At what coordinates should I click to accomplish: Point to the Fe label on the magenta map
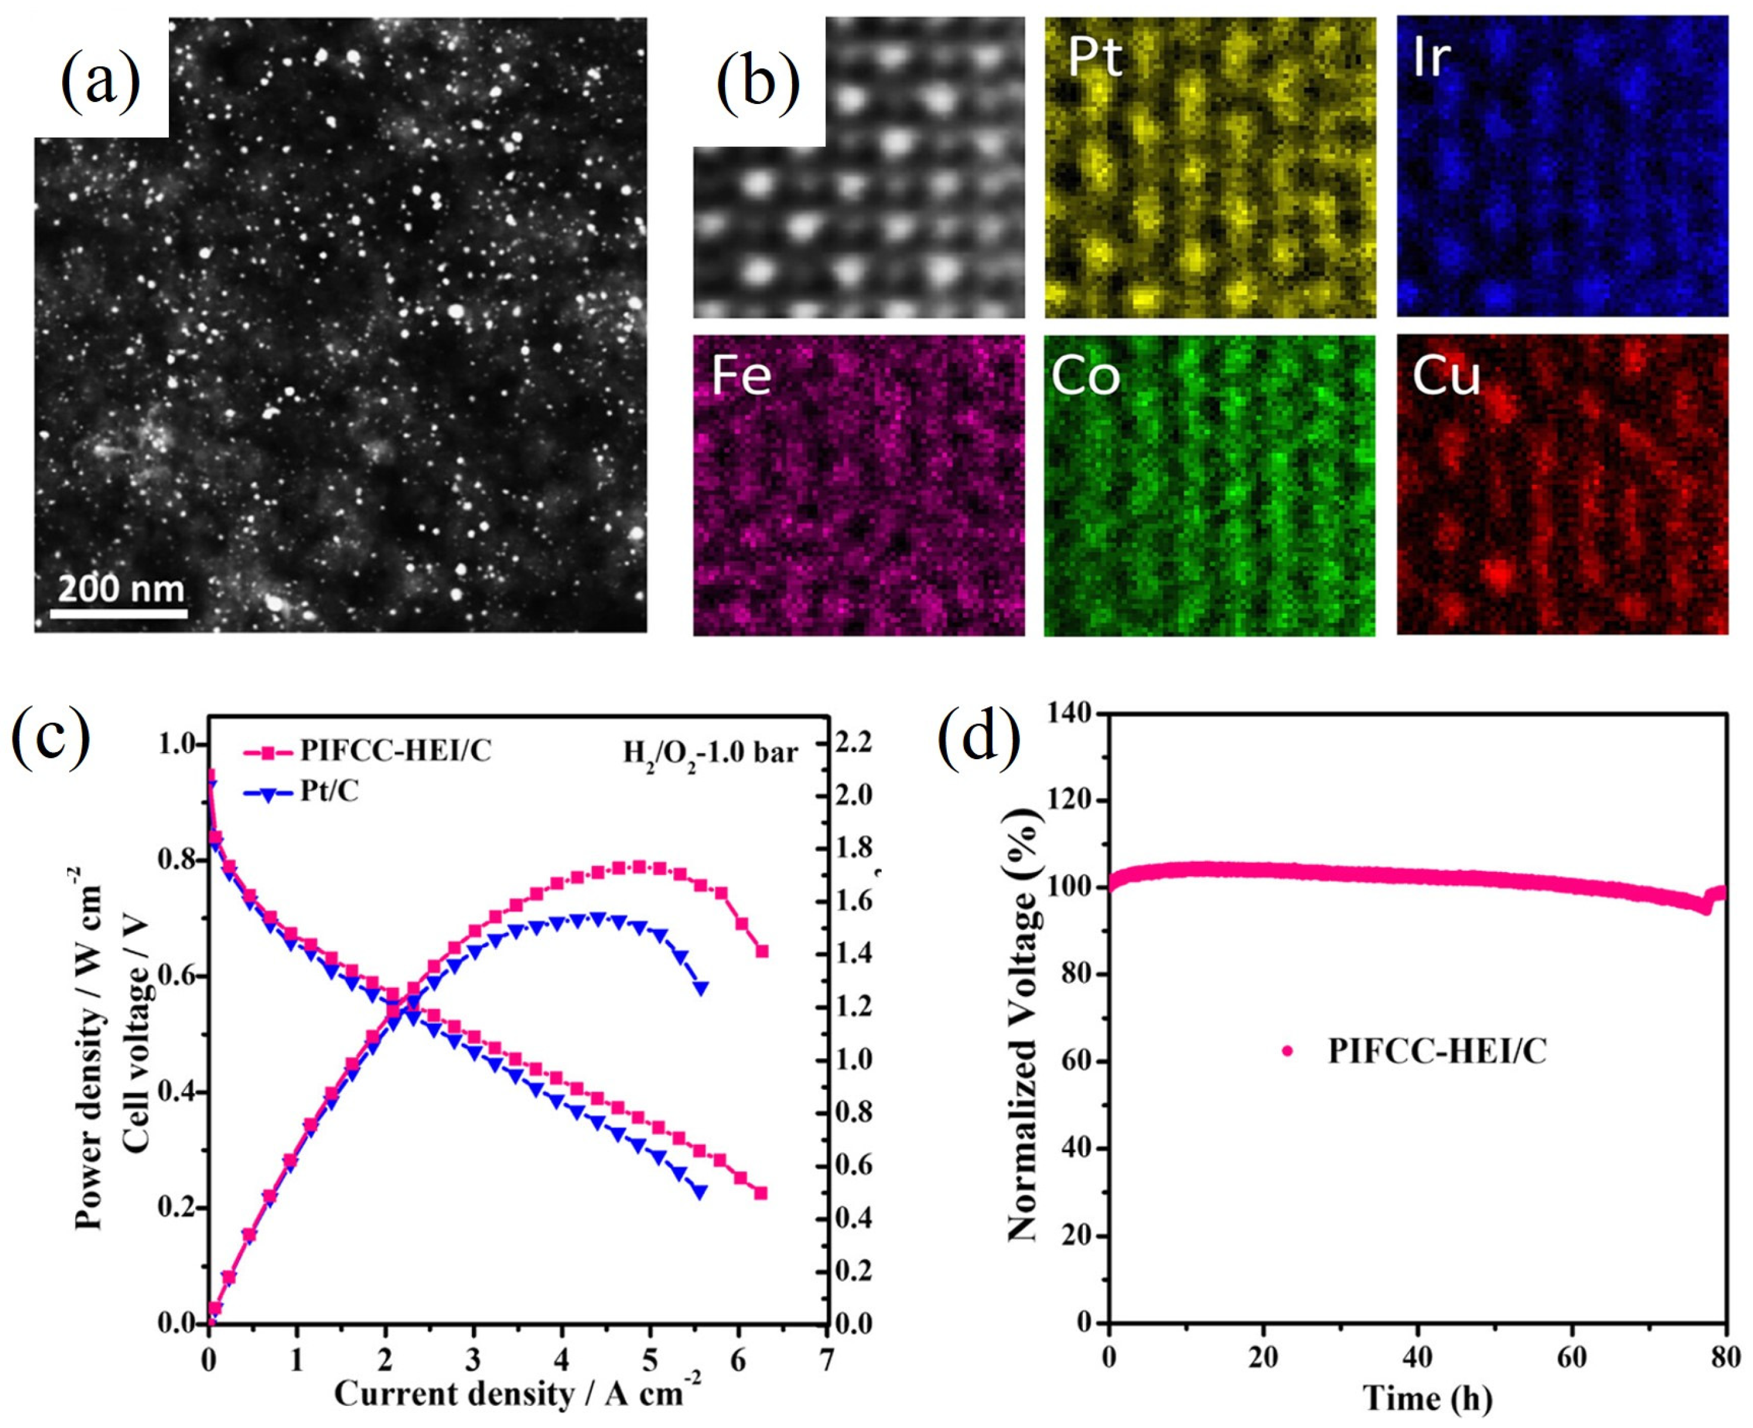[741, 377]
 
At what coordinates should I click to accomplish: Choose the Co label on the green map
[1086, 377]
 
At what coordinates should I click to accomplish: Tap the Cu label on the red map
[1446, 377]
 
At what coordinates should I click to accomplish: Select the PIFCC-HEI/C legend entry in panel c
[395, 750]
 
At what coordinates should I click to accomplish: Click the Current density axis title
[517, 1393]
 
